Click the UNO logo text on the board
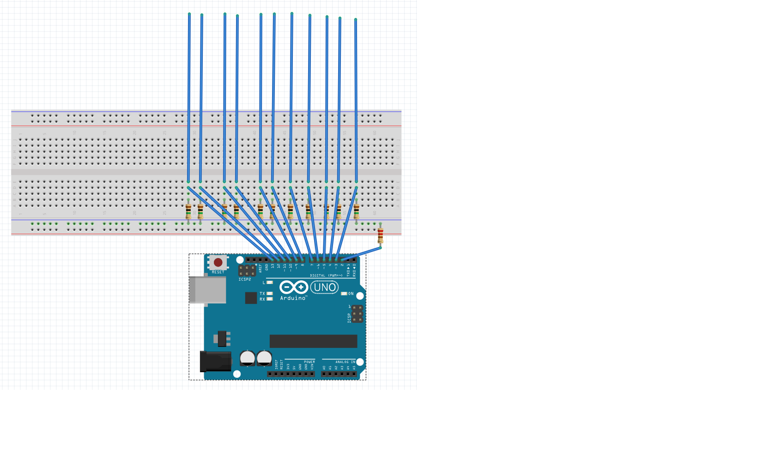tap(324, 287)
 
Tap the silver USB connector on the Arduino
tap(208, 290)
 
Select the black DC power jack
tap(215, 361)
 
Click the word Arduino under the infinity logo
tap(293, 298)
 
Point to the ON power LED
tap(344, 294)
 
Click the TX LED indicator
tap(270, 294)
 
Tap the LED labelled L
tap(270, 283)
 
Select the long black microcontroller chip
tap(313, 341)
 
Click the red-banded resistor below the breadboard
tap(380, 235)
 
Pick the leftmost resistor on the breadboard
tap(188, 211)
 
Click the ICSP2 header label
tap(245, 279)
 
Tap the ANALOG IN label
tap(345, 362)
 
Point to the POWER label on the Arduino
tap(309, 362)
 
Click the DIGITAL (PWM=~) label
tap(326, 276)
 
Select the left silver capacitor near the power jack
tap(248, 358)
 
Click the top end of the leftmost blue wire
tap(189, 15)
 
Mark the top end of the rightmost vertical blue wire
tap(356, 20)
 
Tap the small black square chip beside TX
tap(251, 298)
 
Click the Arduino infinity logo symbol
tap(293, 287)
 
